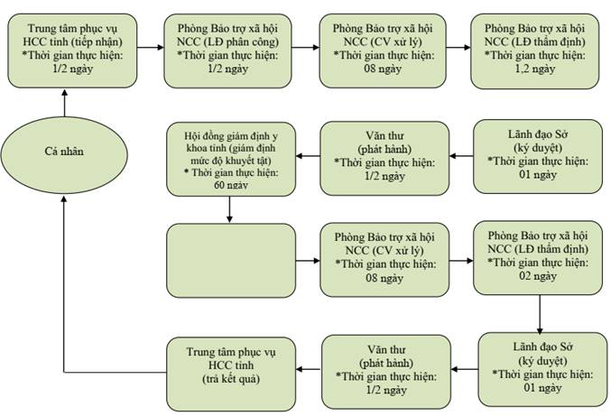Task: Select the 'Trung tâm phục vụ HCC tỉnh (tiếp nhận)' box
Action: point(72,51)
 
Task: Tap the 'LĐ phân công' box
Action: point(227,51)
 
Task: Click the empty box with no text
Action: point(231,261)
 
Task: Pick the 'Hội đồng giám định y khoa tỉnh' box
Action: point(231,159)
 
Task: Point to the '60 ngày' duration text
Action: point(231,185)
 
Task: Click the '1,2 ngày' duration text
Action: point(535,69)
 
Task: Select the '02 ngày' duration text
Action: point(538,276)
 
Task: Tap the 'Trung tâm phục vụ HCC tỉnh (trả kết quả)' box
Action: point(231,374)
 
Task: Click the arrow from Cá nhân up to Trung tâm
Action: point(64,103)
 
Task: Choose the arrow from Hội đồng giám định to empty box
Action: point(229,209)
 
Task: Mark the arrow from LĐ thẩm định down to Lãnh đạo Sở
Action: point(540,314)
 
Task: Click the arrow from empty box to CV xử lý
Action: point(308,260)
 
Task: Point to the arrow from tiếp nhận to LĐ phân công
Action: point(151,48)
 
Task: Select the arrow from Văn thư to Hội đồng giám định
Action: point(308,156)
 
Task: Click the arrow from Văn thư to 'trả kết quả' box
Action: point(309,369)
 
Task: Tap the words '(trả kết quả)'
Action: point(231,379)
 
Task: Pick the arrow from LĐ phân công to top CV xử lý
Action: point(305,48)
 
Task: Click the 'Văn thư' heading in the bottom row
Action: point(386,349)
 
